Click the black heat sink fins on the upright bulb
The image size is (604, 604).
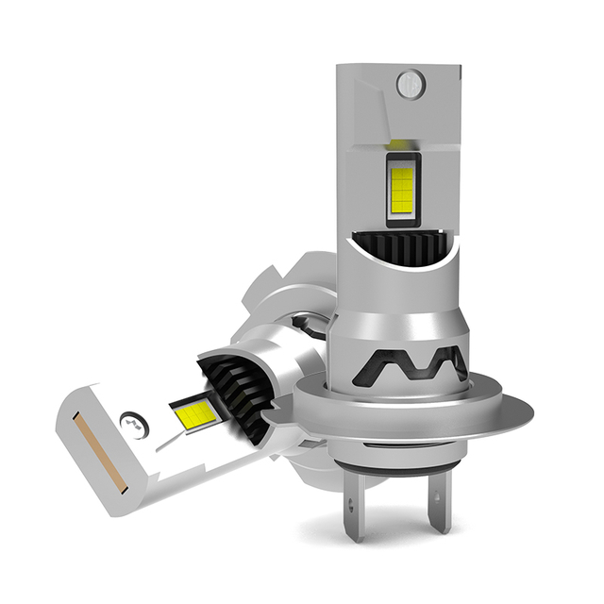click(x=401, y=249)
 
